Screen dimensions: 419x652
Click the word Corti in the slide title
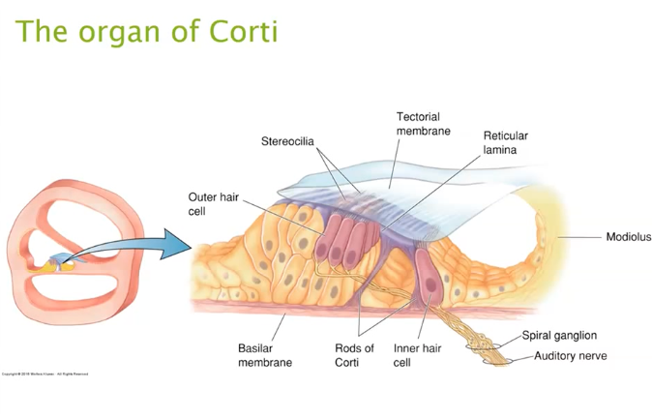tap(243, 31)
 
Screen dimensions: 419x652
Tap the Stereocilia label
tap(287, 141)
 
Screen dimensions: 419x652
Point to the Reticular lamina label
tap(505, 142)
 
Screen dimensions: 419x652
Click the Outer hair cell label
tap(208, 204)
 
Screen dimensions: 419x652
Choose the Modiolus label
tap(628, 236)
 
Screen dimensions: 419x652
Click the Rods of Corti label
tap(354, 355)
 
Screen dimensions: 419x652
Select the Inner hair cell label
tap(416, 355)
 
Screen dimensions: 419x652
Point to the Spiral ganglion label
tap(566, 336)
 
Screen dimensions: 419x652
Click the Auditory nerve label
tap(571, 356)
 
